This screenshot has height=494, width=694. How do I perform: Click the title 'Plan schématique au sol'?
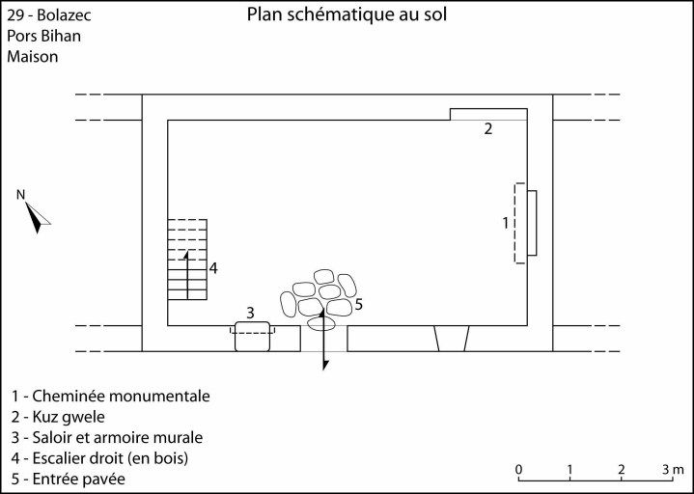pyautogui.click(x=347, y=14)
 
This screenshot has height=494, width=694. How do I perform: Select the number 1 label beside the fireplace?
pyautogui.click(x=506, y=223)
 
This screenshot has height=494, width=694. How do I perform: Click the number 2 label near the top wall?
pyautogui.click(x=488, y=128)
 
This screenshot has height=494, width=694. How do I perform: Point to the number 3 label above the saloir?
pyautogui.click(x=250, y=312)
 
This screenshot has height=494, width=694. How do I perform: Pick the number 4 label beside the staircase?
pyautogui.click(x=213, y=267)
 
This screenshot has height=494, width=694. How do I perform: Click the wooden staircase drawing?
pyautogui.click(x=187, y=260)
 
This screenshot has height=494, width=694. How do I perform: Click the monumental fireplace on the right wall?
pyautogui.click(x=526, y=223)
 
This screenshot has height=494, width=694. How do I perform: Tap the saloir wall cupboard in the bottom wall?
pyautogui.click(x=252, y=334)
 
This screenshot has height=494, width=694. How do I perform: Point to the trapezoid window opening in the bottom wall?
pyautogui.click(x=452, y=339)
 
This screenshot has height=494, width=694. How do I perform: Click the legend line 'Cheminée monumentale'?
pyautogui.click(x=111, y=396)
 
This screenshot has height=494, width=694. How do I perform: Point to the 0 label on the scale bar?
pyautogui.click(x=519, y=470)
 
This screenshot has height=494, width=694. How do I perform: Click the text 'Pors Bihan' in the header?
pyautogui.click(x=43, y=37)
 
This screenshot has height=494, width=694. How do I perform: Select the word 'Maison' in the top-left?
pyautogui.click(x=33, y=57)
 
